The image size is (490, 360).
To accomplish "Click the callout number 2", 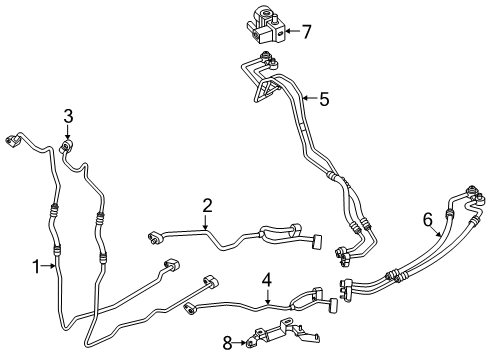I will pos(207,206).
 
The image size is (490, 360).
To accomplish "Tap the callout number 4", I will pos(267,281).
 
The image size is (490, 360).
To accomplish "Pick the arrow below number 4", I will pos(267,297).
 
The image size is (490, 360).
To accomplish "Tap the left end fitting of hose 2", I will pos(156,236).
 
